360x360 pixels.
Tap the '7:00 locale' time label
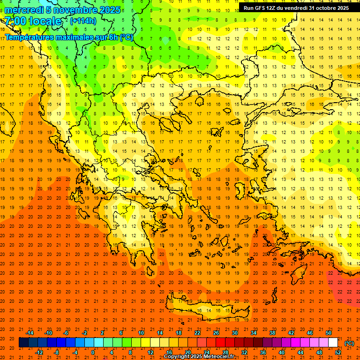pos(33,21)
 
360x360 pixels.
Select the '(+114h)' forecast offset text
pos(83,21)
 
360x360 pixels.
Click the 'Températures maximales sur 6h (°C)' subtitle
pos(68,37)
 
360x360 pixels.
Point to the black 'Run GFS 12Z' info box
pos(296,7)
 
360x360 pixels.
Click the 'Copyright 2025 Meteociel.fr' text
pos(199,357)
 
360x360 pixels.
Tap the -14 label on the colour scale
pos(30,333)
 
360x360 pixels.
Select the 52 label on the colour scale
pos(338,352)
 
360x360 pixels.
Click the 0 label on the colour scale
pos(93,352)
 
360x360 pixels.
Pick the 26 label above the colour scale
pos(216,333)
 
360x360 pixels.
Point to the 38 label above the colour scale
pos(272,333)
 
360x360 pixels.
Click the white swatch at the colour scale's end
pos(333,343)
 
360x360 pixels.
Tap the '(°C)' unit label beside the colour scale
pos(349,343)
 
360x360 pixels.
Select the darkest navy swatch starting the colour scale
pos(23,343)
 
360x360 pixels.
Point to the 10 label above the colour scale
pos(141,333)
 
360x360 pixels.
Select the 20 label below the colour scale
pos(187,352)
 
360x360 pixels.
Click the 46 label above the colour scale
pos(310,333)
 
